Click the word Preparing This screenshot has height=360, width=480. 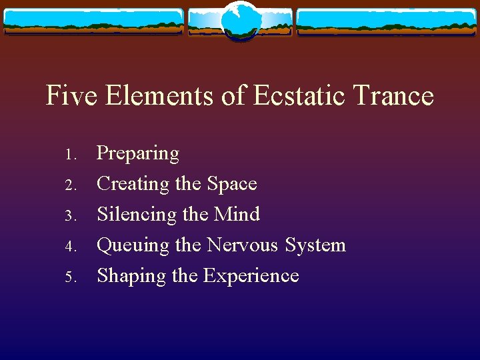tap(138, 154)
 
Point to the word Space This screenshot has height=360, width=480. tap(231, 184)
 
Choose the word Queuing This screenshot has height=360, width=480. tap(133, 245)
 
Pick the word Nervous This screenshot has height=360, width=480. tap(243, 245)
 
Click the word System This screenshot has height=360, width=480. tap(315, 245)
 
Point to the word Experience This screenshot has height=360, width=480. tap(251, 276)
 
